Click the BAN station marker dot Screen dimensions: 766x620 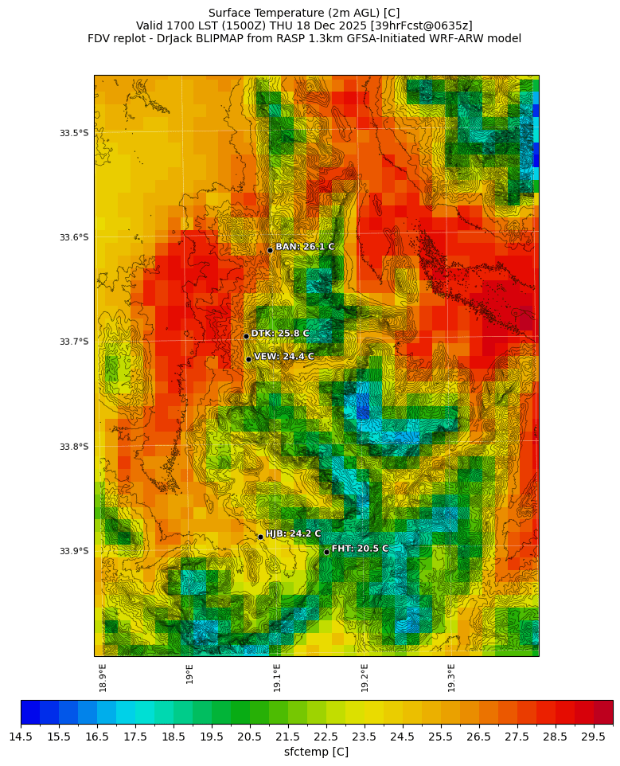[270, 250]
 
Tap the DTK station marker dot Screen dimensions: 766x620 [246, 336]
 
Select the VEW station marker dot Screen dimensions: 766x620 [248, 359]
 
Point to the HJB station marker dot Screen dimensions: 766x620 [260, 537]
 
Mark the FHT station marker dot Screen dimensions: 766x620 [326, 552]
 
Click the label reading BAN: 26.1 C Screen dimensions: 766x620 [305, 247]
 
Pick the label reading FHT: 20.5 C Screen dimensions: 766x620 [360, 549]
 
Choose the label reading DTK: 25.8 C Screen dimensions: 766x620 [280, 334]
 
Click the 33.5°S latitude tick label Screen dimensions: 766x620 [74, 133]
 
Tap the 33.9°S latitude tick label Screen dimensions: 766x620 [74, 551]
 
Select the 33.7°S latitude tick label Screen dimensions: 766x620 [74, 342]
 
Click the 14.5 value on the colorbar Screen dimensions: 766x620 [21, 737]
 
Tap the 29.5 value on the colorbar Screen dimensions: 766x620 [594, 737]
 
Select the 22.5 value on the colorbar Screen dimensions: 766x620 [326, 737]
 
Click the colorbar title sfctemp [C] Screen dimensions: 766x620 [316, 752]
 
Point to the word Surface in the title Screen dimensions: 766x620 [229, 13]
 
